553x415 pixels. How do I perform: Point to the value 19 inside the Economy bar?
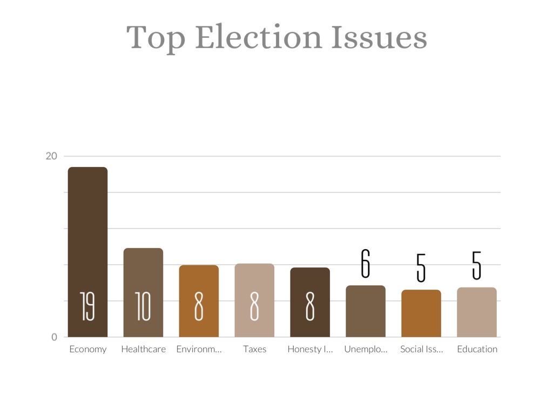coord(87,306)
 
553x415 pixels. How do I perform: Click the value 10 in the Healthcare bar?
coord(143,306)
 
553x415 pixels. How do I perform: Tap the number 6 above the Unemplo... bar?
coord(366,264)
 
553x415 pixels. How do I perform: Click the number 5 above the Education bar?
coord(477,265)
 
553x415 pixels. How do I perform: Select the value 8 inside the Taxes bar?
coord(254,306)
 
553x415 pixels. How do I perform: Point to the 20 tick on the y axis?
coord(51,156)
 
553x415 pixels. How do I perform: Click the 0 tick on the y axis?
coord(54,337)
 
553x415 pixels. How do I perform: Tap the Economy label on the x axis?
coord(87,349)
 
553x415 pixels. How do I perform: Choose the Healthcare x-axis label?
coord(143,349)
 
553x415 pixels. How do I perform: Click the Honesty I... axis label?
coord(310,349)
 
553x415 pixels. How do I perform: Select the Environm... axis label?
coord(199,349)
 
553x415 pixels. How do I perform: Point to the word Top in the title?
coord(157,38)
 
